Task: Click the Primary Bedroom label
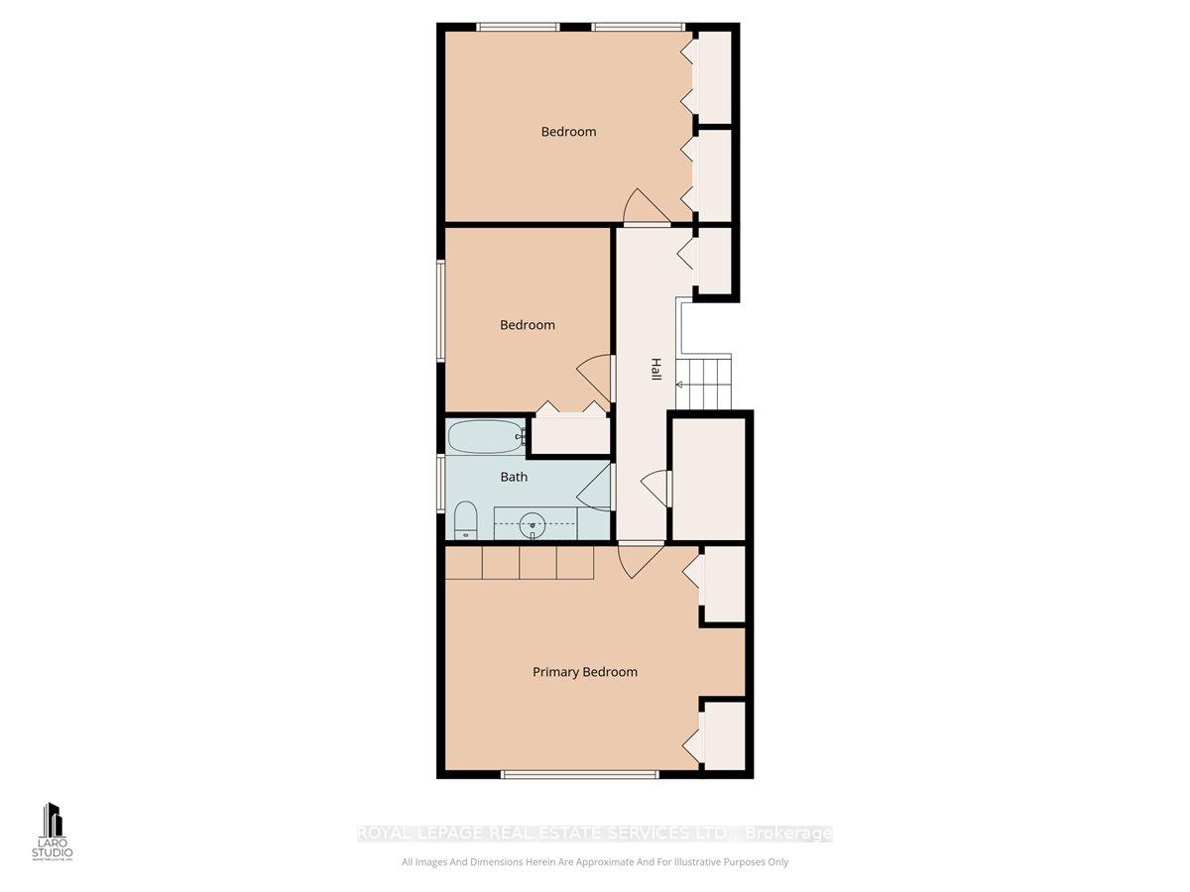click(584, 672)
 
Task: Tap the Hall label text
click(655, 370)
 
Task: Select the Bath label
click(514, 477)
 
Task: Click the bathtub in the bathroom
click(485, 435)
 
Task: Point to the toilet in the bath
click(465, 519)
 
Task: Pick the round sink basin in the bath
click(534, 521)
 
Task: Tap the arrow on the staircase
click(681, 384)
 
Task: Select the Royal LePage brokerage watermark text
click(595, 834)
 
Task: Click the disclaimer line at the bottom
click(595, 862)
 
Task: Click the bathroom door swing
click(595, 488)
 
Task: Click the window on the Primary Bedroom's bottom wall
click(578, 774)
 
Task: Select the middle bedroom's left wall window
click(441, 310)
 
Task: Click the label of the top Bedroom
click(568, 132)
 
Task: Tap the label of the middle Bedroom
click(527, 325)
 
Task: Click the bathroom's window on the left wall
click(441, 484)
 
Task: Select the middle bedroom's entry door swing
click(595, 377)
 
